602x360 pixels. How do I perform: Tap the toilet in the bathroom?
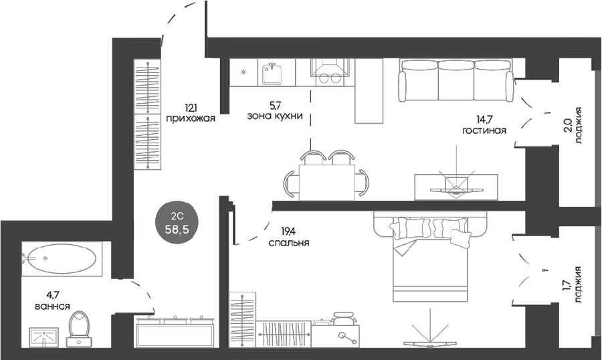[x=80, y=329]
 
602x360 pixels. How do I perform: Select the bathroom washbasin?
[x=43, y=337]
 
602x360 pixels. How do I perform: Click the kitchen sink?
[x=272, y=74]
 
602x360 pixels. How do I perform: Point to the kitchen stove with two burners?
[x=330, y=73]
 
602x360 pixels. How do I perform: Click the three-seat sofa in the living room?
[x=456, y=80]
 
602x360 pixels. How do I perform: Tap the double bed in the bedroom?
[x=431, y=257]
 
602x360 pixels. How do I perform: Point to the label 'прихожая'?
[x=191, y=118]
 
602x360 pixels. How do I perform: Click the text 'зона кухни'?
[x=275, y=116]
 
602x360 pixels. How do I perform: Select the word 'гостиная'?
[x=484, y=130]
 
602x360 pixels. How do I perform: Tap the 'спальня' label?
[x=289, y=243]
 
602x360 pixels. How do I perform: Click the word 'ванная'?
[x=52, y=306]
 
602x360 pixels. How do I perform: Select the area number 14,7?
[x=484, y=119]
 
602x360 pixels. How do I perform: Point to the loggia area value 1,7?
[x=567, y=286]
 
